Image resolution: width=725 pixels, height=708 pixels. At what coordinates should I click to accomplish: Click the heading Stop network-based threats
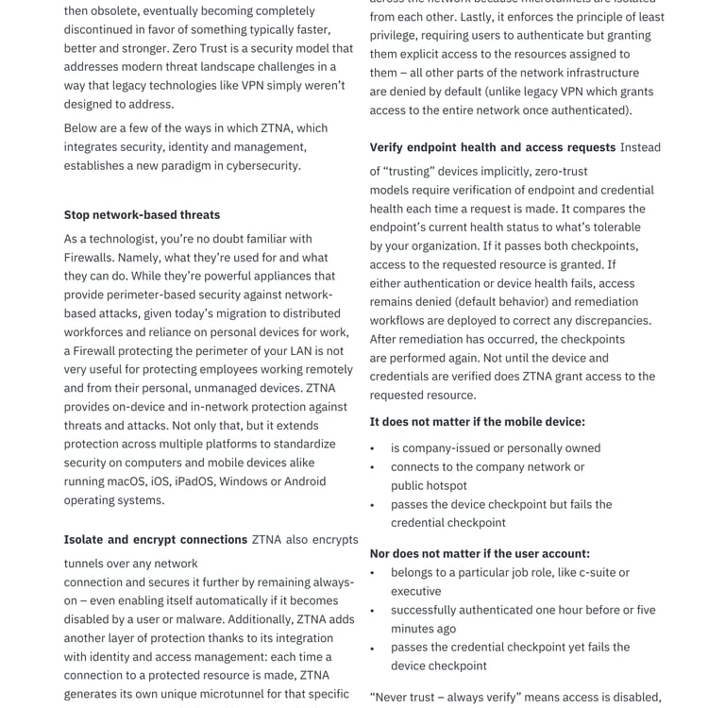pyautogui.click(x=142, y=215)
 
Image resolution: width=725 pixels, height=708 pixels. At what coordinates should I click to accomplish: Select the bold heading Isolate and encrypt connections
pyautogui.click(x=156, y=539)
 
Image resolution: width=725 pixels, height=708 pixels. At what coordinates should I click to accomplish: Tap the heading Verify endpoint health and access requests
pyautogui.click(x=492, y=147)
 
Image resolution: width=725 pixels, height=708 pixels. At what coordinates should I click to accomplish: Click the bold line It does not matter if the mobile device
pyautogui.click(x=477, y=422)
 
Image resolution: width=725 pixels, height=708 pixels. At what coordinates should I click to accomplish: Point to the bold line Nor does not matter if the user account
pyautogui.click(x=480, y=553)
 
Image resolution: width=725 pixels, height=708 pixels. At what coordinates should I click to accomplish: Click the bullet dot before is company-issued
pyautogui.click(x=372, y=448)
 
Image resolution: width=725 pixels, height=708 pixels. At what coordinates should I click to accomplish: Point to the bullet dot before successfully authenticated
pyautogui.click(x=372, y=611)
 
